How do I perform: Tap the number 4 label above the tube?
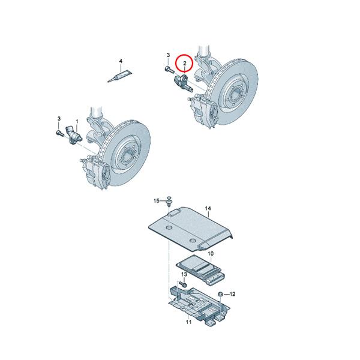(120, 61)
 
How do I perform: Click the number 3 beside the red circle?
(168, 56)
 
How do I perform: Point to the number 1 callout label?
(76, 121)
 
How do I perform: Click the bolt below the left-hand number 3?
(58, 133)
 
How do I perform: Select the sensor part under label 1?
(74, 134)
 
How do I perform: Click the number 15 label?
(156, 200)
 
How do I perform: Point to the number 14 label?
(208, 209)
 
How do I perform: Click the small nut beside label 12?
(221, 293)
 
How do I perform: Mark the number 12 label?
(233, 294)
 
